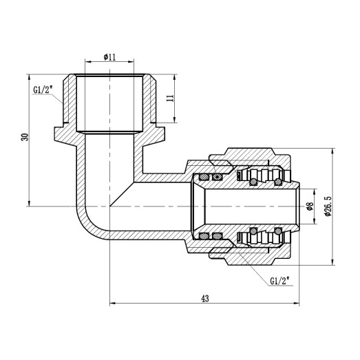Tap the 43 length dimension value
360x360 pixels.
coord(204,298)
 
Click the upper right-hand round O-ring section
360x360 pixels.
coord(278,182)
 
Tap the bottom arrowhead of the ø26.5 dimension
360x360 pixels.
coord(332,260)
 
